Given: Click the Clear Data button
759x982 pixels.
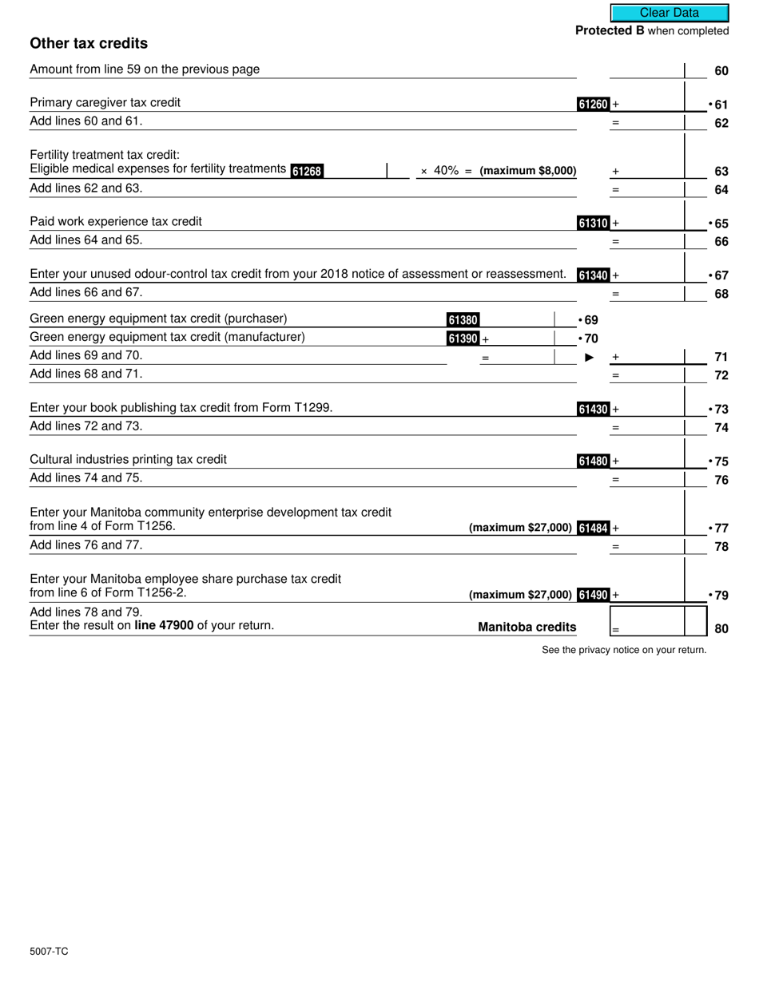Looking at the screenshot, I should coord(670,13).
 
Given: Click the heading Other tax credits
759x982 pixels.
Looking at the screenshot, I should coord(89,43).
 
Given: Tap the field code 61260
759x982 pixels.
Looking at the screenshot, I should coord(594,104).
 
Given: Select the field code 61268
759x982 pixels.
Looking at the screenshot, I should coord(307,171).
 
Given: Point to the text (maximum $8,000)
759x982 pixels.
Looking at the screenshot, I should coord(528,171).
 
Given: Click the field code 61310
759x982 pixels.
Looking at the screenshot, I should coord(594,224).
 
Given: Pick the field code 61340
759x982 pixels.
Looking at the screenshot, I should coord(594,275).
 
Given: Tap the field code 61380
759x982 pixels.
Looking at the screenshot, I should coord(463,320).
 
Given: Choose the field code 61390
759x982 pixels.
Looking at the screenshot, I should coord(463,339).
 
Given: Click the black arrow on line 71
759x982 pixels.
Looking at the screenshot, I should coord(590,357).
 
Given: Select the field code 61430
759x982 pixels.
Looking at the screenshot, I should coord(594,410).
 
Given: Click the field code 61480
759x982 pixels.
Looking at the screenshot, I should coord(594,461).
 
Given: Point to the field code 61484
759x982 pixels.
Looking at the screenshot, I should coord(594,528).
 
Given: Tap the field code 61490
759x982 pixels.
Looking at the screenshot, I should coord(594,595).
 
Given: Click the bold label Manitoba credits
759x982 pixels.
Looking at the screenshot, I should coord(527,628).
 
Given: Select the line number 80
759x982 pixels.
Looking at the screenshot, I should coord(721,628).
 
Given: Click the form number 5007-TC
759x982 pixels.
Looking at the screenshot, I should coord(49,952).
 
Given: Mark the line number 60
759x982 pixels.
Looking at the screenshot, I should coord(721,71).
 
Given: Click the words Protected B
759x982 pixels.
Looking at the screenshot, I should coord(610,31).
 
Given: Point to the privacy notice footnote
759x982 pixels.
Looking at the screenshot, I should coord(624,650).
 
